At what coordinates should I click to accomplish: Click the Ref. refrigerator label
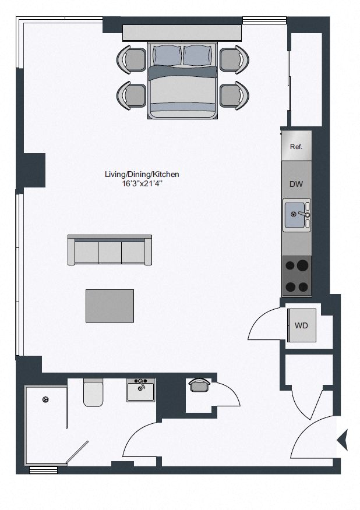pyautogui.click(x=296, y=147)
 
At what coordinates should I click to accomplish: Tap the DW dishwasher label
pyautogui.click(x=296, y=184)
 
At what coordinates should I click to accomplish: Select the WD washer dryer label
pyautogui.click(x=301, y=325)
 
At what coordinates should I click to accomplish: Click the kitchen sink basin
pyautogui.click(x=294, y=215)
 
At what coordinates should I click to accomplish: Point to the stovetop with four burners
pyautogui.click(x=297, y=276)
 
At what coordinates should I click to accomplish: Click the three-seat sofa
pyautogui.click(x=110, y=251)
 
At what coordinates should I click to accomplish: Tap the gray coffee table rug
pyautogui.click(x=110, y=306)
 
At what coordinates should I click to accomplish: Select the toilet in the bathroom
pyautogui.click(x=93, y=392)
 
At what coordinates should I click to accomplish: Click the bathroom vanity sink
pyautogui.click(x=140, y=389)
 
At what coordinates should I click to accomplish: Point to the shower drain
pyautogui.click(x=45, y=399)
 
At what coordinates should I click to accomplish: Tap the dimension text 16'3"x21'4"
pyautogui.click(x=142, y=183)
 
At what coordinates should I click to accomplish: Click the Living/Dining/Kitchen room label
pyautogui.click(x=142, y=174)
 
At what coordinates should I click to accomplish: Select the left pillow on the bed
pyautogui.click(x=167, y=55)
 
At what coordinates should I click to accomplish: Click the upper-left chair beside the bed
pyautogui.click(x=133, y=58)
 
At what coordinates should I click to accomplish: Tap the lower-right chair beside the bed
pyautogui.click(x=232, y=95)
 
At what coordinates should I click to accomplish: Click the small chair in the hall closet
pyautogui.click(x=199, y=385)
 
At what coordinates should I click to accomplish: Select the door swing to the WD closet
pyautogui.click(x=265, y=325)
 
